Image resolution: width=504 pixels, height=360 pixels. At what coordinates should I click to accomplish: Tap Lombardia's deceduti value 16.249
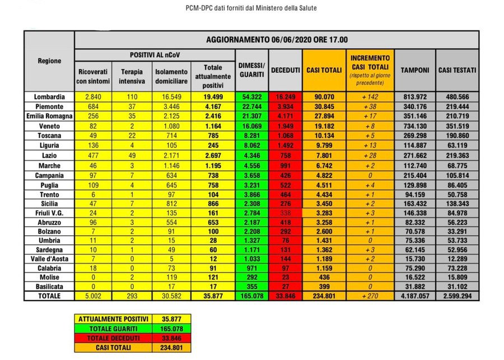click(x=285, y=97)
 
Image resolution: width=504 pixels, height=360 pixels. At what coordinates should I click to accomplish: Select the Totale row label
click(x=49, y=296)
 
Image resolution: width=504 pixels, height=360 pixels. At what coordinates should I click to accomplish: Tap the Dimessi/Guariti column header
click(x=251, y=70)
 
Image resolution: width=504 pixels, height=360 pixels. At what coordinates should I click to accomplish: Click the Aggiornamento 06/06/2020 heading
click(x=277, y=40)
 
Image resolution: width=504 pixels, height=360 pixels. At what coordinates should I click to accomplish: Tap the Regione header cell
click(x=49, y=60)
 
